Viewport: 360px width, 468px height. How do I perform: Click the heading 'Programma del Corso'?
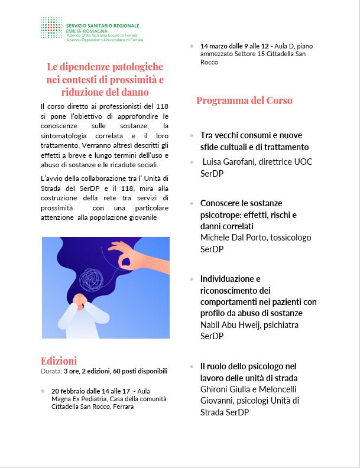tap(244, 100)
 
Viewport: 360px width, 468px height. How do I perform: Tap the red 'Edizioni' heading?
tap(59, 361)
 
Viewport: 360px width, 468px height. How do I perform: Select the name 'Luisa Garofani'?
tap(228, 162)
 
